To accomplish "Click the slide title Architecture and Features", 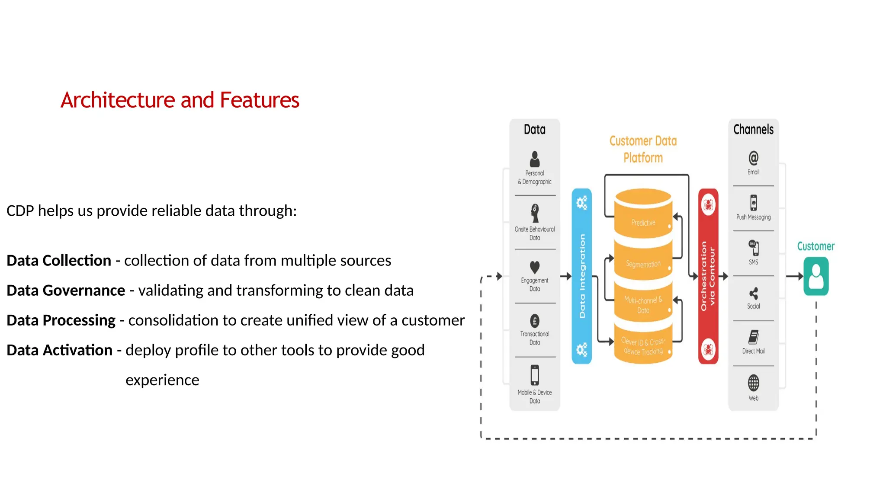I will tap(180, 100).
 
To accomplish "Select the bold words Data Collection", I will tap(59, 261).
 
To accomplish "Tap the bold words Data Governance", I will tap(66, 290).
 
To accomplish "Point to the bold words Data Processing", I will tap(61, 320).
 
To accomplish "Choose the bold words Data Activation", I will tap(60, 350).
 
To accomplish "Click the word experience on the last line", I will tap(162, 380).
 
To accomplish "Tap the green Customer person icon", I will tap(816, 276).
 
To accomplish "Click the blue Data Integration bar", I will tap(582, 276).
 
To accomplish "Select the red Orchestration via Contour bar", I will tap(708, 276).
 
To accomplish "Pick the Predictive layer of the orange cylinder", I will tap(643, 223).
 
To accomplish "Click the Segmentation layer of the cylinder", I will tap(643, 264).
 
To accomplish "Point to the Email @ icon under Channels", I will tap(753, 158).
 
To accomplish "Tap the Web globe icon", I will tap(753, 383).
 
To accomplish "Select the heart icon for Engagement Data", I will tap(535, 267).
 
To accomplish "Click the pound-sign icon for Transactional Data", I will tap(535, 321).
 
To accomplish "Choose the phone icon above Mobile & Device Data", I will tap(535, 375).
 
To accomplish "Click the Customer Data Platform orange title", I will tap(643, 149).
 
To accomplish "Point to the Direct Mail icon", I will tap(753, 337).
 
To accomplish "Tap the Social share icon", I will tap(753, 294).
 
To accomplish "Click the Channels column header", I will tap(753, 129).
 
